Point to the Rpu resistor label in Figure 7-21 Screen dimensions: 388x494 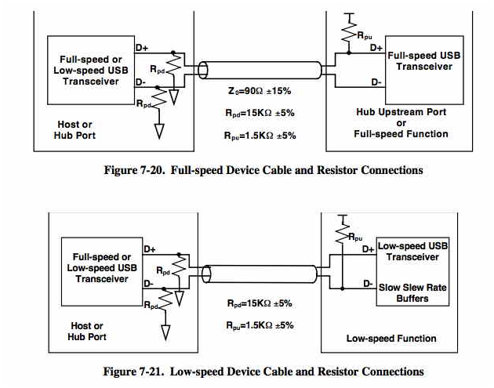coord(355,238)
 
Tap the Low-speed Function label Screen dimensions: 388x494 coord(390,339)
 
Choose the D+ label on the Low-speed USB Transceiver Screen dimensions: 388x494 coord(369,249)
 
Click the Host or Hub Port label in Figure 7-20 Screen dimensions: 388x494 coord(75,129)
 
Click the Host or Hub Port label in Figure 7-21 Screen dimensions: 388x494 coord(87,331)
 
